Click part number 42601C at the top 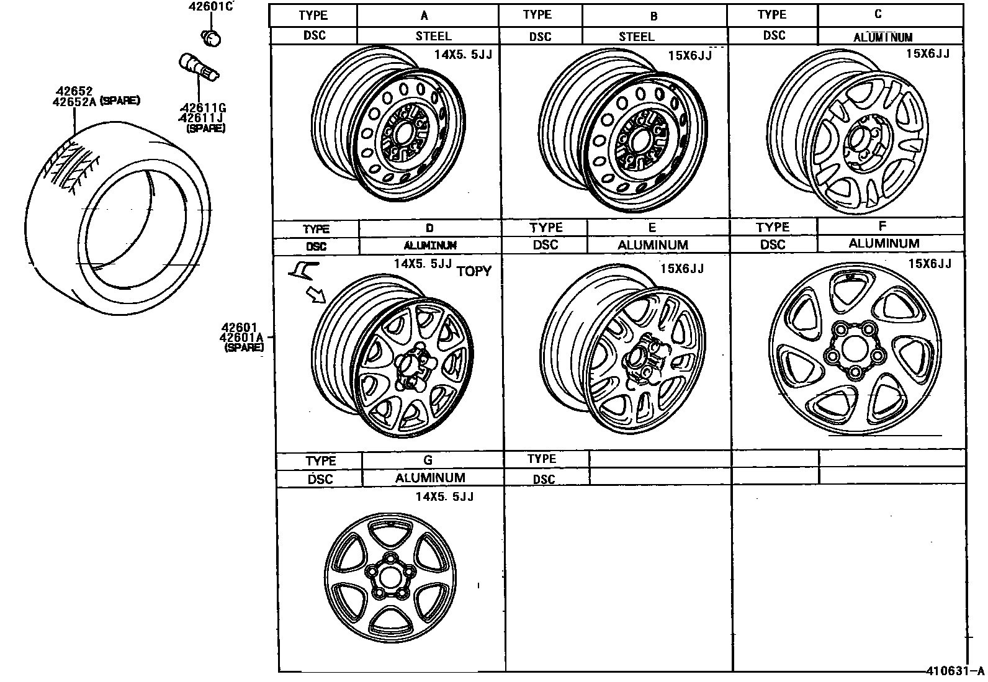(x=210, y=6)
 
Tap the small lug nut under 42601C (x=211, y=38)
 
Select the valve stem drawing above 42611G (x=199, y=68)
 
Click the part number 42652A (x=74, y=102)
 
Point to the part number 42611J (x=201, y=118)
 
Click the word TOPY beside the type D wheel (x=474, y=271)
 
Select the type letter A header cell (x=424, y=16)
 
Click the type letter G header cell (x=428, y=460)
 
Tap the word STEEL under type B (x=637, y=37)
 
